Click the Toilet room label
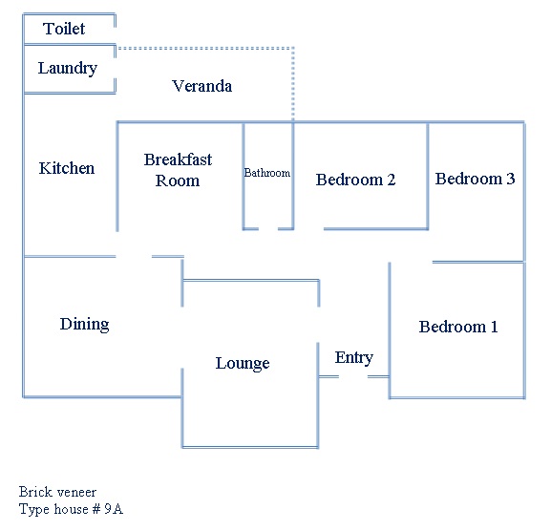pos(64,29)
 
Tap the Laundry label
pos(68,69)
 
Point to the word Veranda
pos(202,86)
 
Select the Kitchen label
pos(67,168)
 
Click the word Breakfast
pos(178,159)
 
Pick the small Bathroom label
pos(267,173)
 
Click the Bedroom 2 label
pos(355,180)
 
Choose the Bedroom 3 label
pos(476,179)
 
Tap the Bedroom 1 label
pos(458,327)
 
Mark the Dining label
pos(84,325)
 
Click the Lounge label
pos(243,364)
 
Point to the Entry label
pos(354,358)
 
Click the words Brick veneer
pos(57,492)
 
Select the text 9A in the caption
pos(114,509)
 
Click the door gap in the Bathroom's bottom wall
pos(268,229)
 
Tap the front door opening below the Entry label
pos(353,376)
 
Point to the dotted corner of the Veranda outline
pos(293,48)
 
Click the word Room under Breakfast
pos(178,181)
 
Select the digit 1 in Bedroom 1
pos(494,327)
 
